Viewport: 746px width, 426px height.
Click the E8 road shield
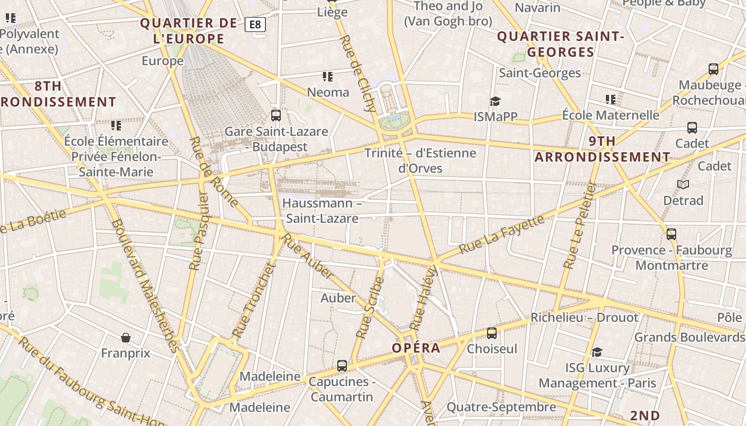(x=255, y=24)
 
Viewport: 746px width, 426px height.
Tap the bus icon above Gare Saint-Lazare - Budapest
(x=275, y=116)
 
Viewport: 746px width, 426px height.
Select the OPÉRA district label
(x=416, y=348)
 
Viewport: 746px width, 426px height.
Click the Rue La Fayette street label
(x=502, y=234)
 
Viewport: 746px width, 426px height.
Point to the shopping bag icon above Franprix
(x=126, y=338)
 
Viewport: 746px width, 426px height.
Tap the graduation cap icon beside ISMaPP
(x=495, y=101)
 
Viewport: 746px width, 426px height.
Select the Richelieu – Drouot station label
(x=584, y=318)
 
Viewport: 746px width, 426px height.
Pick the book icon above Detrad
(x=683, y=185)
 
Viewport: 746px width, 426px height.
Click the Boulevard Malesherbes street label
(x=144, y=285)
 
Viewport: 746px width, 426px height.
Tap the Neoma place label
(x=328, y=92)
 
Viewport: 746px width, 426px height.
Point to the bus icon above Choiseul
(x=492, y=333)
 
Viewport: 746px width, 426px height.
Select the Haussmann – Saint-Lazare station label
(x=322, y=211)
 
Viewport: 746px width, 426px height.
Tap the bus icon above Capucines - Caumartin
(x=342, y=366)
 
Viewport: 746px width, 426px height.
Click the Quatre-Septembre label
(x=501, y=407)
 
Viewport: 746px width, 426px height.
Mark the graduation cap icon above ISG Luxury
(x=597, y=352)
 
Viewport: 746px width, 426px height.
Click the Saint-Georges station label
(x=539, y=73)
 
